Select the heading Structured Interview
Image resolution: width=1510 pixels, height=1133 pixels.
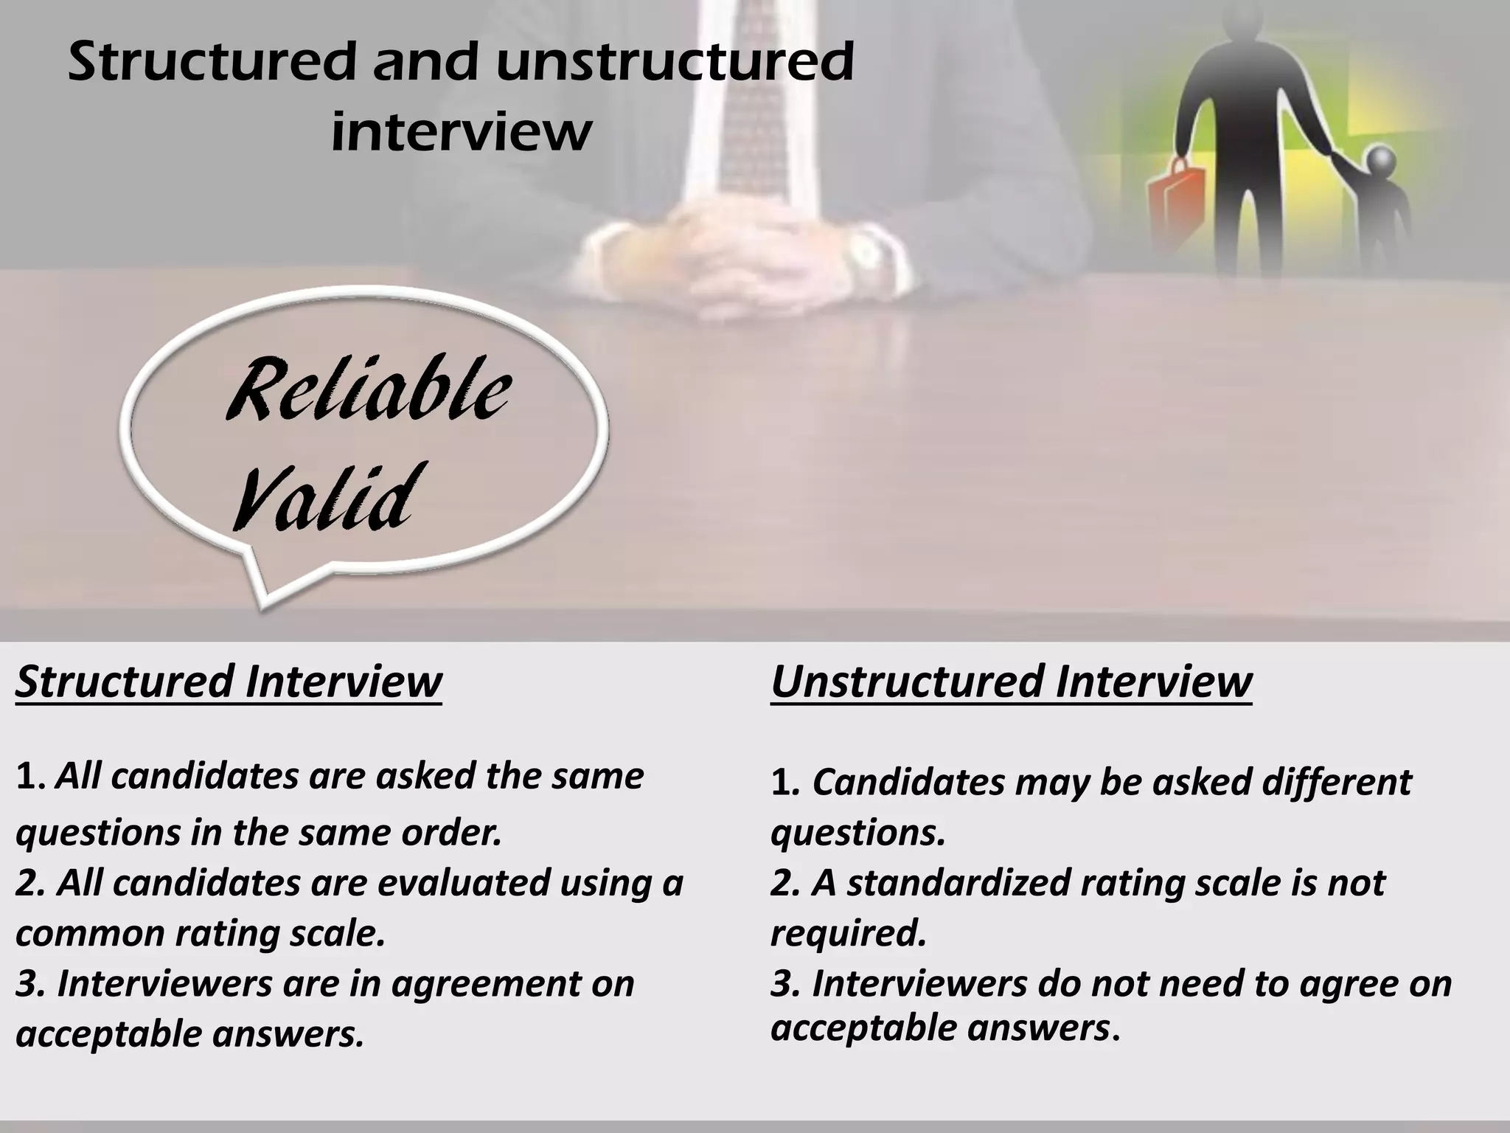click(x=229, y=681)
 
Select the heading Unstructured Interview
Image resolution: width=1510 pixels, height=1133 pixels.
click(x=1011, y=681)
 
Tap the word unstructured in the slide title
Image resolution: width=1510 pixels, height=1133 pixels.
click(x=674, y=62)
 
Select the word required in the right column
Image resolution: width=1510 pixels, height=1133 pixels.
click(x=848, y=934)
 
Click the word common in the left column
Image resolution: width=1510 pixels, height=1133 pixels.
click(x=89, y=934)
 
